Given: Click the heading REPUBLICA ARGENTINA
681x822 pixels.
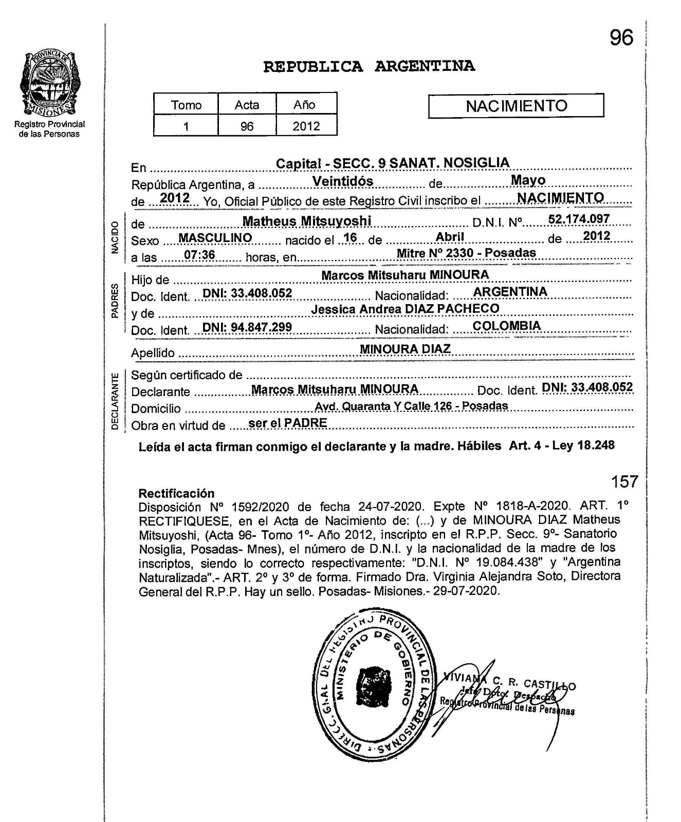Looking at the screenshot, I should (x=369, y=67).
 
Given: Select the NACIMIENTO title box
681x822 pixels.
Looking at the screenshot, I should (x=516, y=106).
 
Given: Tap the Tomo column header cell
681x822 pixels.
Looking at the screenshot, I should (x=186, y=105).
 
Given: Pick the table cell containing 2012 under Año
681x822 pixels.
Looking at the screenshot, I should (x=306, y=126).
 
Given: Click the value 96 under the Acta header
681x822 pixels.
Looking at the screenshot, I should (x=247, y=126).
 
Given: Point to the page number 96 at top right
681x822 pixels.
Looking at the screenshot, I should (x=621, y=38).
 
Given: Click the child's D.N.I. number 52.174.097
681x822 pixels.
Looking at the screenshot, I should (x=579, y=219).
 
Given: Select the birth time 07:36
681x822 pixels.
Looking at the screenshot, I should (x=199, y=255).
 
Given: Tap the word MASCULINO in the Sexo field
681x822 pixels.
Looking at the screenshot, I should (x=215, y=238).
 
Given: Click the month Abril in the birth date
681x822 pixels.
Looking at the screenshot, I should (x=450, y=236).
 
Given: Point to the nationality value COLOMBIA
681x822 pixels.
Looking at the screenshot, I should (x=507, y=326).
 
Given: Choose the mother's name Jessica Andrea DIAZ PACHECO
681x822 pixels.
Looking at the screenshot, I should (x=405, y=309).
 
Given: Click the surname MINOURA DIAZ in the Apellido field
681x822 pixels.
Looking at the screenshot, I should (x=405, y=349).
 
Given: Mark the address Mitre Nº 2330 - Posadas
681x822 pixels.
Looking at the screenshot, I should (x=466, y=253).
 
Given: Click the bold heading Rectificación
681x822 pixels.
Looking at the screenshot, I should (x=176, y=493).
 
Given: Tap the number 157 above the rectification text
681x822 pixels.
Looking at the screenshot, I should (x=624, y=482).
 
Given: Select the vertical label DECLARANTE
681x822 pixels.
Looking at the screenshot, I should (x=115, y=401).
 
